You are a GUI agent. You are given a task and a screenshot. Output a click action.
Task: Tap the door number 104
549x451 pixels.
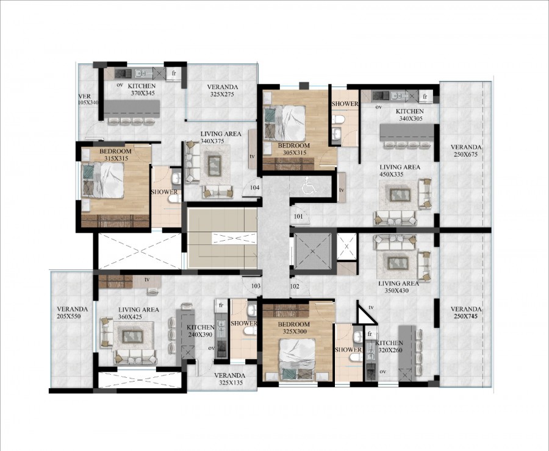(254, 188)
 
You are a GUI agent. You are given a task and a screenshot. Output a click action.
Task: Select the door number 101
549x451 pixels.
(298, 216)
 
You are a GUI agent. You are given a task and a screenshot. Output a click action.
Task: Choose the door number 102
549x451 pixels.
(295, 286)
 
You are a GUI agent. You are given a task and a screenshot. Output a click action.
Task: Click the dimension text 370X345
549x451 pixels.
(142, 93)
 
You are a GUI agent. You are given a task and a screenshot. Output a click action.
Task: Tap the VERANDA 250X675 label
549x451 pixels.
(466, 151)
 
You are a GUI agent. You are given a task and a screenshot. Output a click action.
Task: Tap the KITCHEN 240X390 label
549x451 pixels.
(201, 331)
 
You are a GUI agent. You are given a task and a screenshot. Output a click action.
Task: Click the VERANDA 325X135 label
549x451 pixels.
(229, 379)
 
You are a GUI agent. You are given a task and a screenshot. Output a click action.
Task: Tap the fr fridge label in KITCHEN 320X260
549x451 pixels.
(370, 334)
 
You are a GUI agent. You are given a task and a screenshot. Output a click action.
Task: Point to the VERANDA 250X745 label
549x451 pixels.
(466, 313)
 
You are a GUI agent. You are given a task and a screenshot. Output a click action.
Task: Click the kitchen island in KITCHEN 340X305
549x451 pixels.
(407, 132)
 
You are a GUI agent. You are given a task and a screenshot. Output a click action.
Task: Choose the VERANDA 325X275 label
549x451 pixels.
(222, 91)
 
